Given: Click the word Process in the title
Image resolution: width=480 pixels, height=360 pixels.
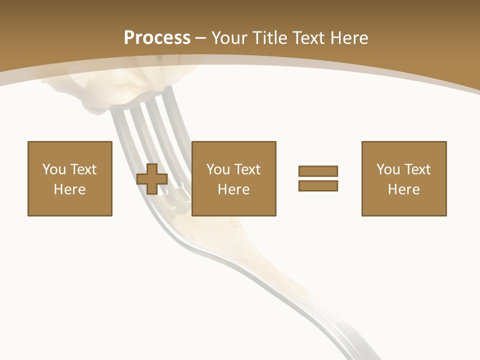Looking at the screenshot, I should [157, 38].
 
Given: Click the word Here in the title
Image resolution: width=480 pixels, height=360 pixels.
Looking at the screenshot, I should [350, 38].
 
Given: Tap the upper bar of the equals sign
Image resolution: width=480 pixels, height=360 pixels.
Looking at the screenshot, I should [318, 171].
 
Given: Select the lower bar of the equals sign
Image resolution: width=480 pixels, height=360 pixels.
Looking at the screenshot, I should [318, 185].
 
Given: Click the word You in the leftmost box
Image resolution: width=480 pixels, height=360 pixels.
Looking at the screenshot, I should [54, 169].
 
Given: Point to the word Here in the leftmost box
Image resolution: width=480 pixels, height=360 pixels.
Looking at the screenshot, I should [69, 189].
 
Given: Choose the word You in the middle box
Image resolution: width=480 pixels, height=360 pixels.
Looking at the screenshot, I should [218, 169].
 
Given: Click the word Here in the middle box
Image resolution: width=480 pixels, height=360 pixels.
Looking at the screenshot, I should [233, 189].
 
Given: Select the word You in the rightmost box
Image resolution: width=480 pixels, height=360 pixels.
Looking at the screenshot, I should [388, 169].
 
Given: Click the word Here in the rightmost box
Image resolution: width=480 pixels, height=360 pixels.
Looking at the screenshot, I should [403, 189].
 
